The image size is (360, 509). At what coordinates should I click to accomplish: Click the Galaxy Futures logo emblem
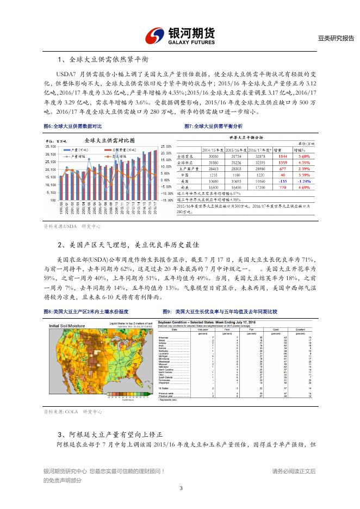(x=157, y=35)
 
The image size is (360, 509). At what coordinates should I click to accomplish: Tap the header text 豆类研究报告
(x=336, y=38)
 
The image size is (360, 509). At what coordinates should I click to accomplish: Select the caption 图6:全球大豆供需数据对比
(x=72, y=126)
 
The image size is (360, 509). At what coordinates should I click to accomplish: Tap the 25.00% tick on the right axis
(x=166, y=146)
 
